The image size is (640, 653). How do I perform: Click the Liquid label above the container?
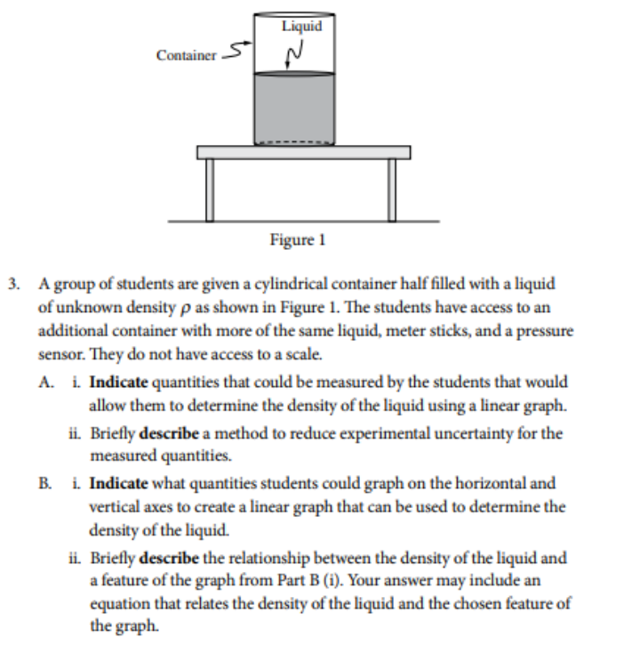(x=301, y=26)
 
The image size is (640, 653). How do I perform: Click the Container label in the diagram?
(x=186, y=55)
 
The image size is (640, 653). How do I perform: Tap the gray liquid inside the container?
(x=294, y=108)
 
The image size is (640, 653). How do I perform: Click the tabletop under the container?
(x=303, y=152)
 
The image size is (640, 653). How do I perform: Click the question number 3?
(x=13, y=285)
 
